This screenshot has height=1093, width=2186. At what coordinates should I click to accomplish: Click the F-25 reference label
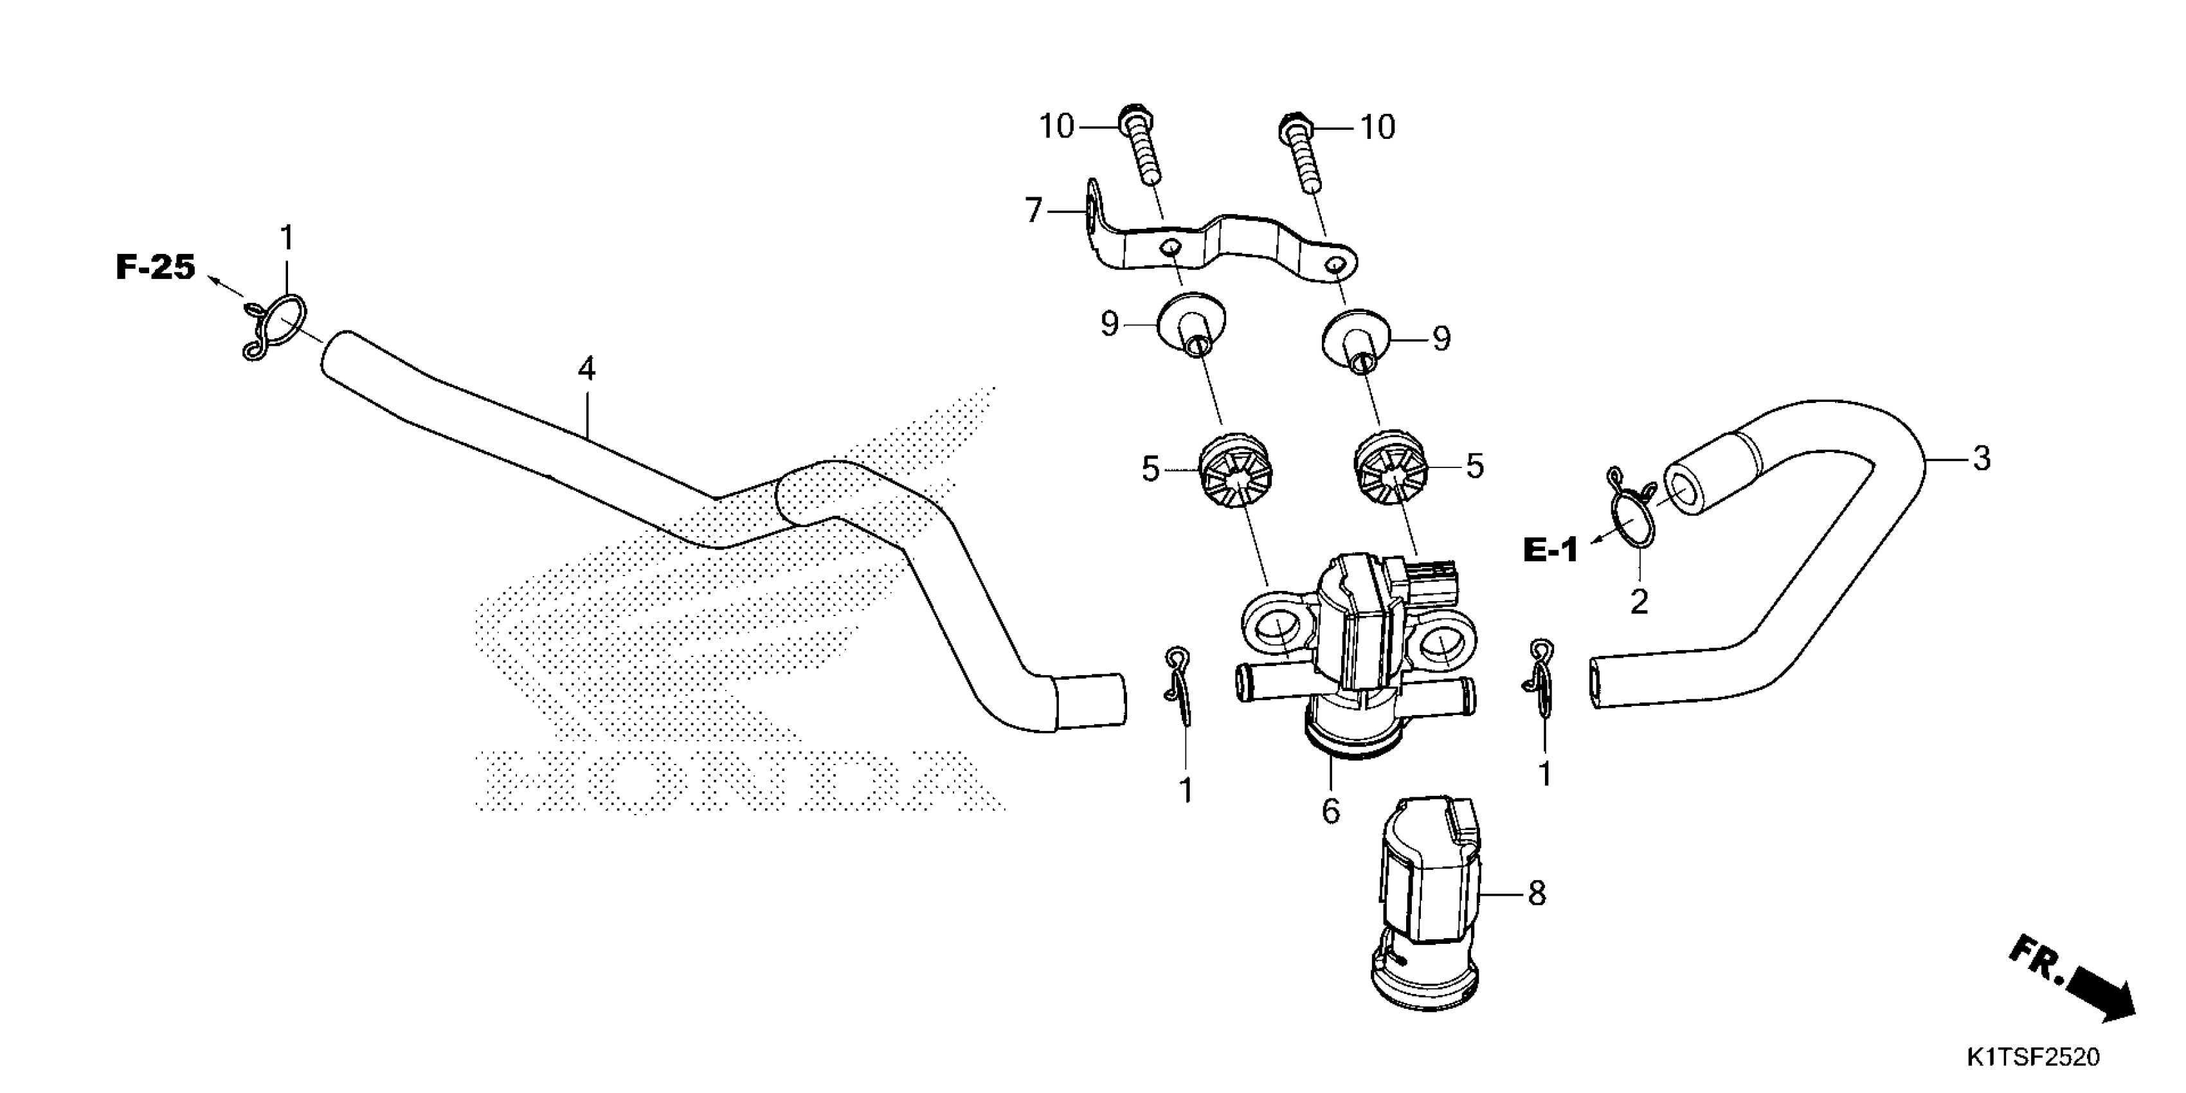156,268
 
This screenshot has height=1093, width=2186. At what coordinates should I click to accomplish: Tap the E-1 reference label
1550,551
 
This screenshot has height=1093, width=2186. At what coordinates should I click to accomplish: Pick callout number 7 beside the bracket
1033,210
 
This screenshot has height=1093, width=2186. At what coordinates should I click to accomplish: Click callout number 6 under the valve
1331,812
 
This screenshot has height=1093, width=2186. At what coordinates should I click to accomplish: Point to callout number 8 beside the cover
1537,893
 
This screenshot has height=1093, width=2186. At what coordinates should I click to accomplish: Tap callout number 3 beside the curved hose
1982,459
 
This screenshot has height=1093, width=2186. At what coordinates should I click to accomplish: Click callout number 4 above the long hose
586,369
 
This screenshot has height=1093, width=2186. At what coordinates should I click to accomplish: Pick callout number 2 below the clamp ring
1639,602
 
